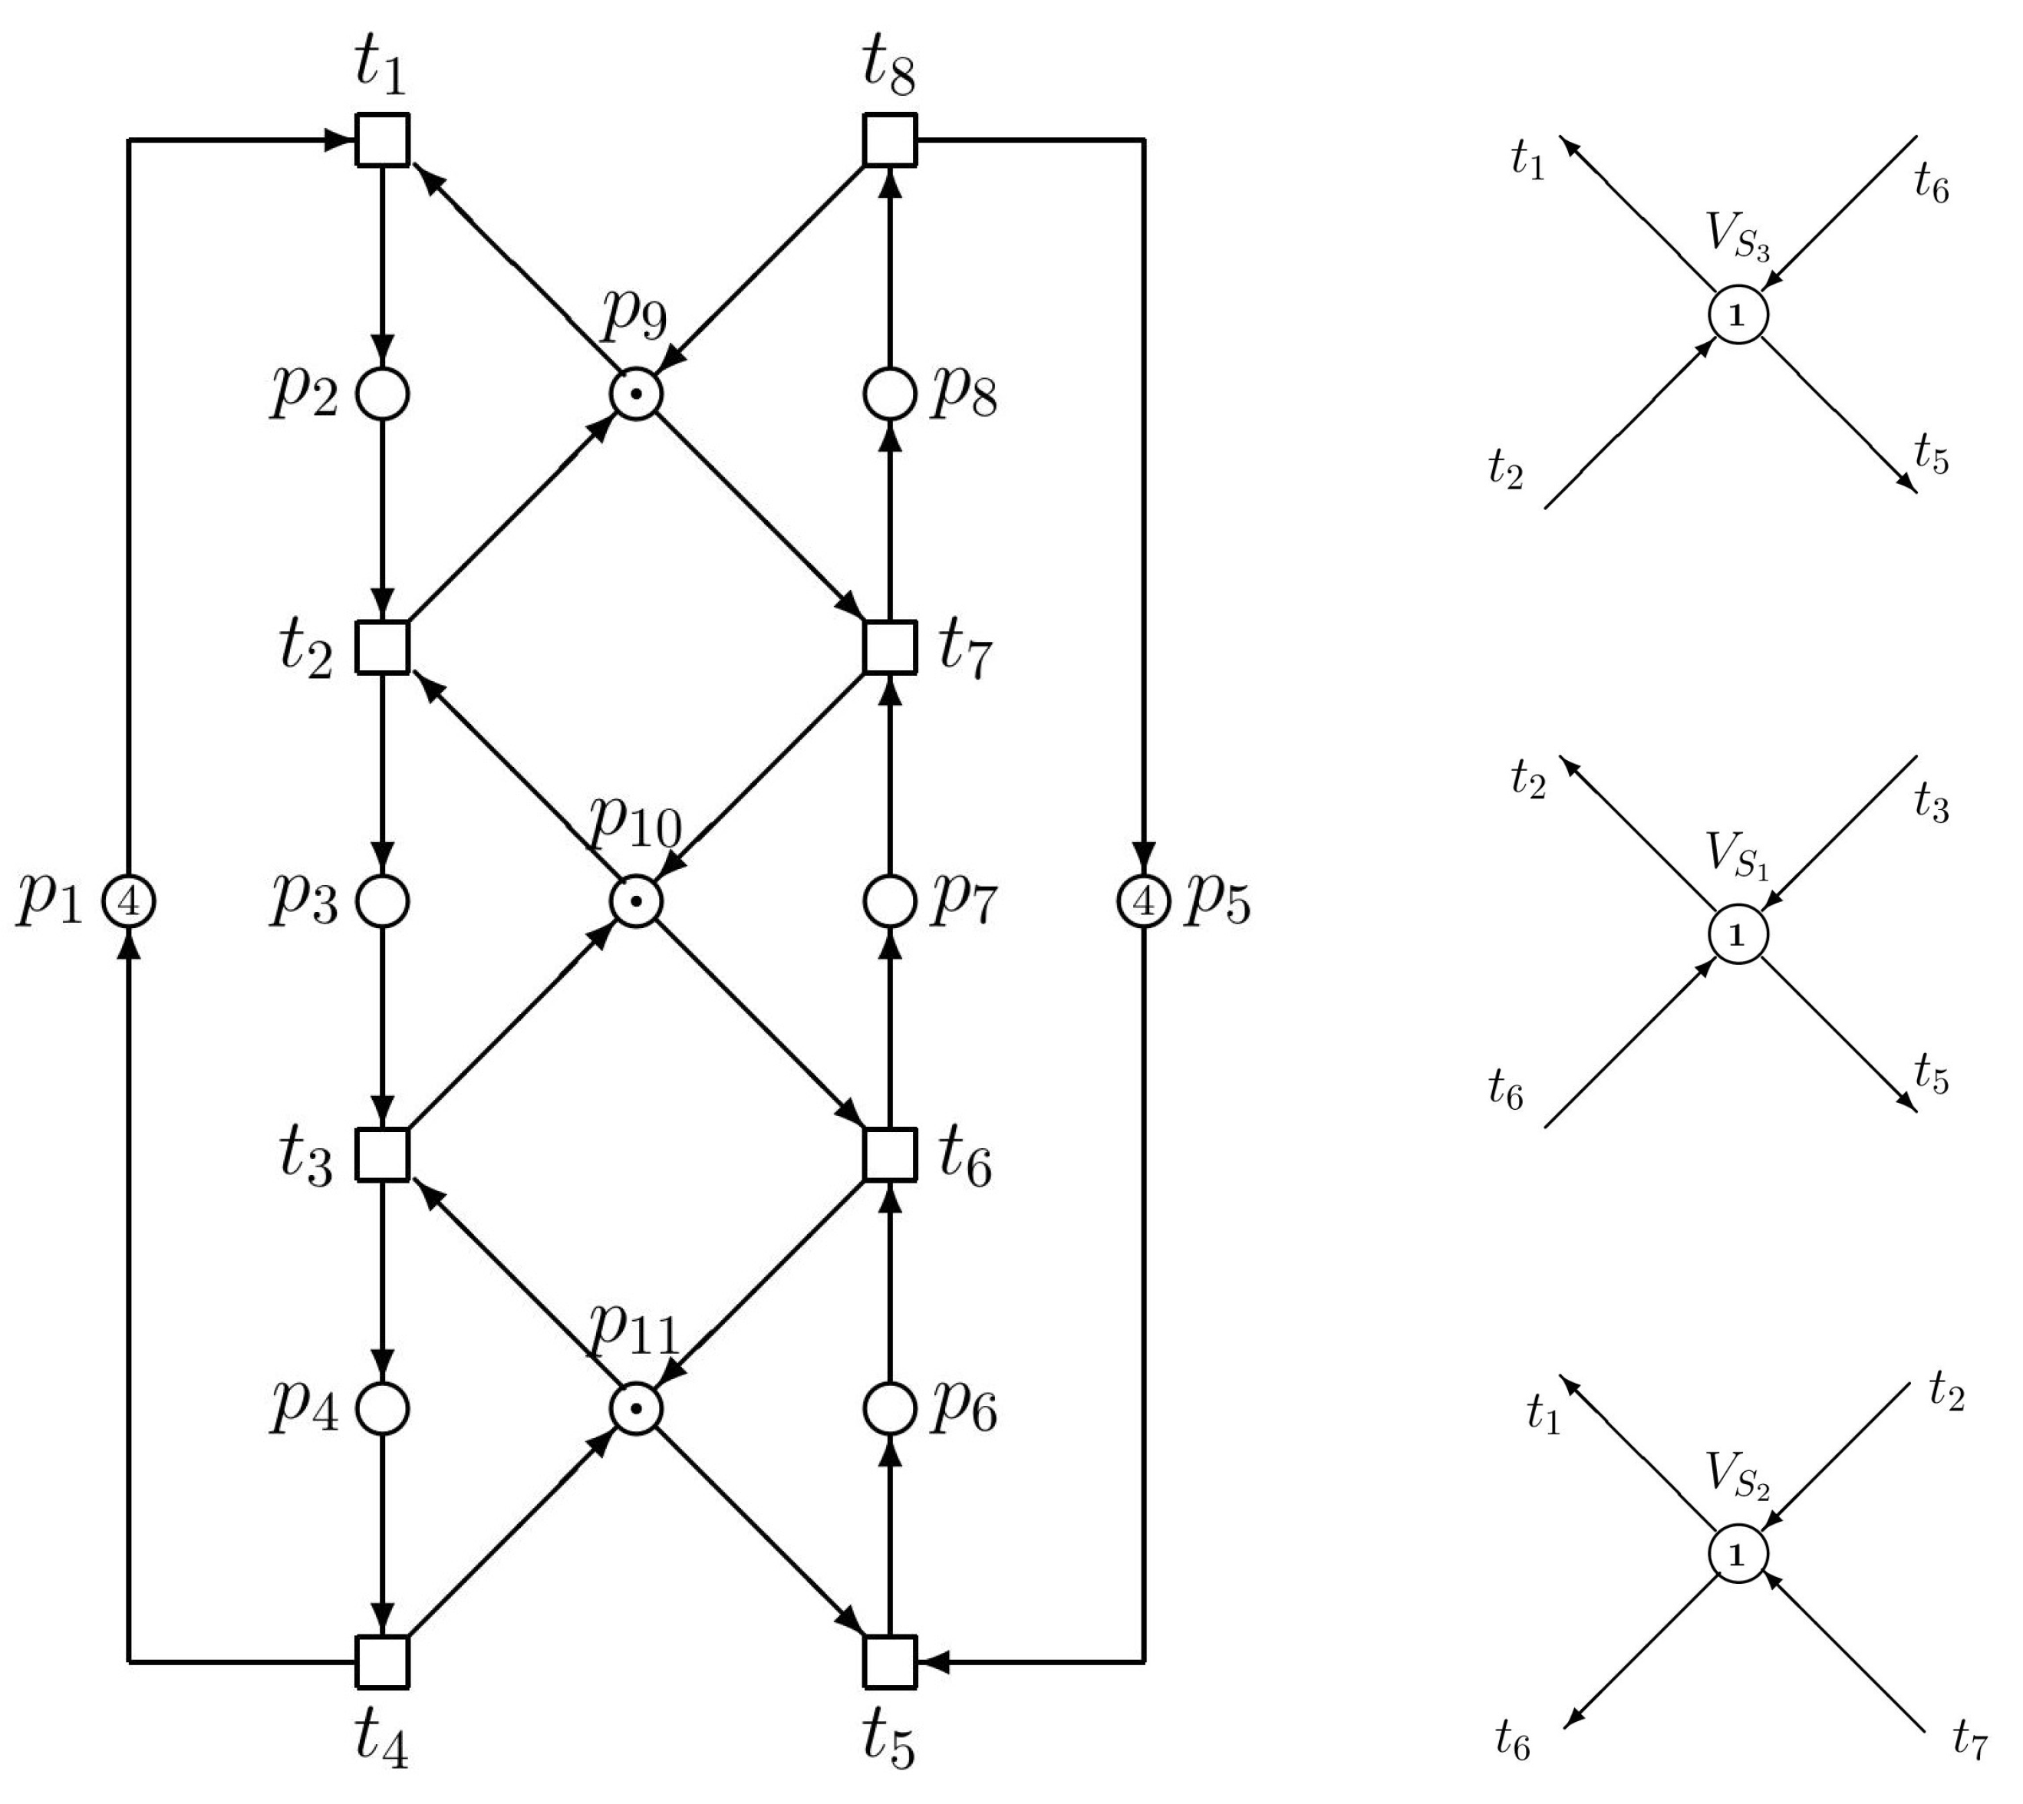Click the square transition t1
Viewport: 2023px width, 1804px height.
pos(383,140)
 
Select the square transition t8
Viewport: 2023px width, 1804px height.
pos(890,140)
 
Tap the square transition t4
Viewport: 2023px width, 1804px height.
pos(383,1661)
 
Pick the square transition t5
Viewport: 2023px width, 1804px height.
pos(890,1661)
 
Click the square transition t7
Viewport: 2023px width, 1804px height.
pos(890,647)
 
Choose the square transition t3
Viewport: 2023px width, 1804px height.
pos(383,1155)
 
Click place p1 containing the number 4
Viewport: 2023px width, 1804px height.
pos(129,901)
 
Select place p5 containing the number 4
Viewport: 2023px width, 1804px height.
pos(1144,901)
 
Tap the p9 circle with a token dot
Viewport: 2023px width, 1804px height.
pos(636,393)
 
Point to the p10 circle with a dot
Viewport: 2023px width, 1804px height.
pos(636,901)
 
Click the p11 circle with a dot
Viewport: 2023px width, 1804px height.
pos(636,1408)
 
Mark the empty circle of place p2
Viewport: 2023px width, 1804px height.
pos(383,393)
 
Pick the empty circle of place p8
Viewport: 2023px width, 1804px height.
pos(890,393)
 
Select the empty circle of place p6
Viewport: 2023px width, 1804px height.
pos(890,1408)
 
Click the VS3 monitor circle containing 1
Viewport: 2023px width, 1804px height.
pos(1738,316)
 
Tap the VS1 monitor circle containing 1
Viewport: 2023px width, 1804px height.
pos(1738,935)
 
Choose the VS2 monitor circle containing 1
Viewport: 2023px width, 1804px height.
pos(1738,1554)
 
